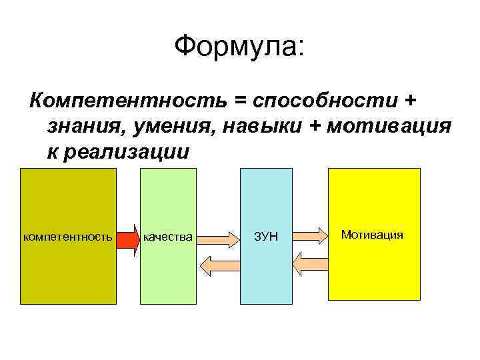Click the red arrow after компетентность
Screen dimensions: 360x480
[127, 237]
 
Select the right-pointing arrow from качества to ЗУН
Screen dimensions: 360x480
[218, 236]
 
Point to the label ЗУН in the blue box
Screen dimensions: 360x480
[265, 237]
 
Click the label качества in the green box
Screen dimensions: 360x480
[168, 237]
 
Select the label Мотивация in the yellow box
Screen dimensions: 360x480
[372, 235]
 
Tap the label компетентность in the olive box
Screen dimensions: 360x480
[67, 237]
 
